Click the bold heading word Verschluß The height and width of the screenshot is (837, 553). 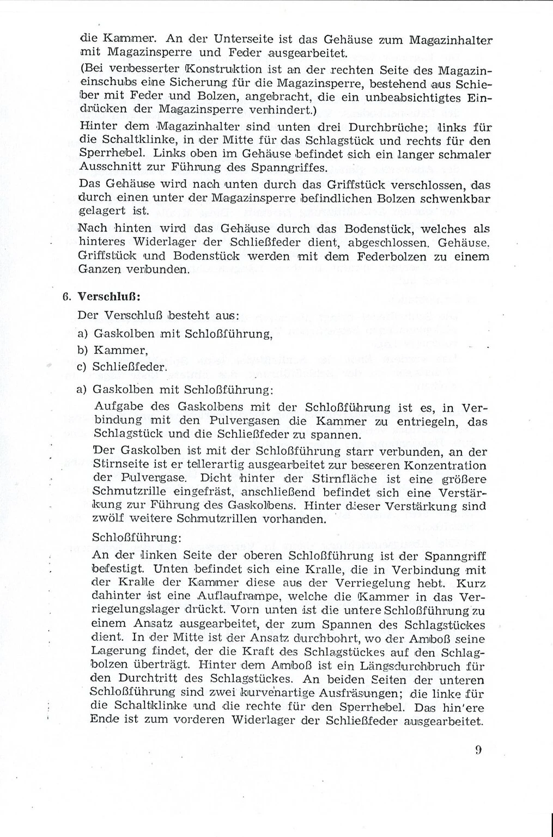pos(102,297)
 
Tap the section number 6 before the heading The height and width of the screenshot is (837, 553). pos(65,297)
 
